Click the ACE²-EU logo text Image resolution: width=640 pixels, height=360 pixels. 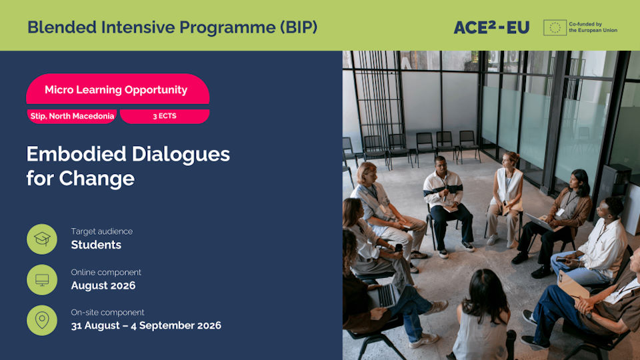point(491,27)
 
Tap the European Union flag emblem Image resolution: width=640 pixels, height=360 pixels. point(555,27)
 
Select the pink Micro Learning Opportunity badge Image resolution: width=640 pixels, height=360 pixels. point(117,89)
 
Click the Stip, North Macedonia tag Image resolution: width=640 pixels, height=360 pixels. point(72,116)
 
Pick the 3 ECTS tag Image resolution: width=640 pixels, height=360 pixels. point(165,116)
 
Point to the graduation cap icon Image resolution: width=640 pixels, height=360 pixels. point(42,239)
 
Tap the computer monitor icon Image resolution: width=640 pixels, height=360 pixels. point(42,279)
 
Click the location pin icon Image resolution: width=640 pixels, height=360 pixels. point(42,320)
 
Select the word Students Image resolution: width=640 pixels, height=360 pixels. point(96,245)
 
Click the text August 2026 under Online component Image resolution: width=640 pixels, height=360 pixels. point(103,285)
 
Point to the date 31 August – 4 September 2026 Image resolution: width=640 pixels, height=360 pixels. point(146,325)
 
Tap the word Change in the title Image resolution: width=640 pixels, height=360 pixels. point(97,179)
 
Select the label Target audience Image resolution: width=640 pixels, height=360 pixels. point(101,231)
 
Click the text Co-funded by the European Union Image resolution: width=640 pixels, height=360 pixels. point(593,27)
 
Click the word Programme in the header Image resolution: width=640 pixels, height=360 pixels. point(227,27)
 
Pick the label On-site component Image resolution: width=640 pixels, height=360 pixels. point(107,312)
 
